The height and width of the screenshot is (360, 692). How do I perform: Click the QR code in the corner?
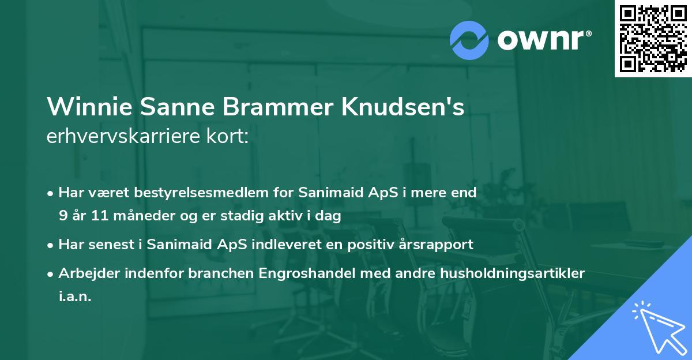(x=653, y=38)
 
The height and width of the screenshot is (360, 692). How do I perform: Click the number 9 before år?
(x=63, y=216)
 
